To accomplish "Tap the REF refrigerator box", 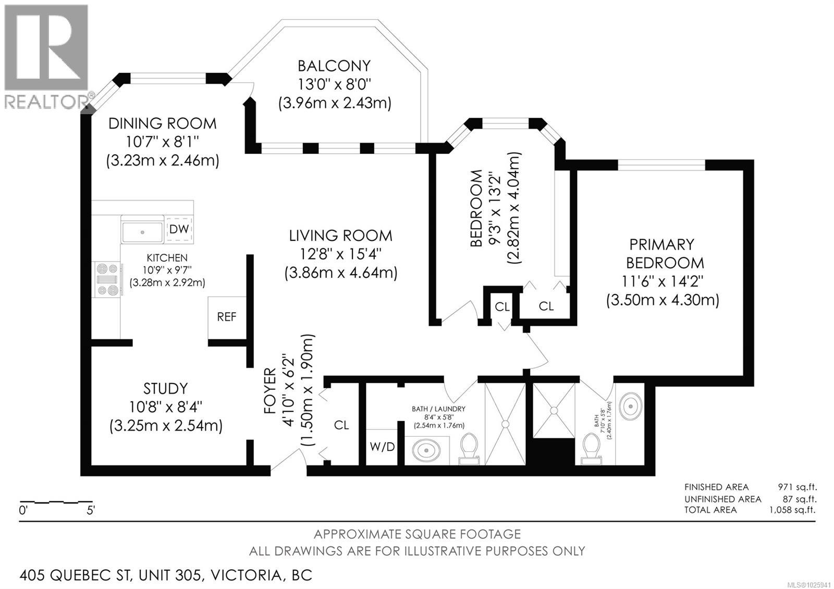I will (227, 317).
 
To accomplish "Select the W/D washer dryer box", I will (382, 447).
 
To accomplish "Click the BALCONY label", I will (334, 66).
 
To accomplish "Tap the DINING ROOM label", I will (162, 124).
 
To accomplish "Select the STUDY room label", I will (165, 388).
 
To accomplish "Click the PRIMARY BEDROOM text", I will (662, 253).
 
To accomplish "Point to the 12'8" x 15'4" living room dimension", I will (340, 254).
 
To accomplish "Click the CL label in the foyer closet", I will (341, 425).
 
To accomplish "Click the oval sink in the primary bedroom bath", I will (631, 405).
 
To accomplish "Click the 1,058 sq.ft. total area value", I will (792, 510).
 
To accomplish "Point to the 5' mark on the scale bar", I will (90, 510).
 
